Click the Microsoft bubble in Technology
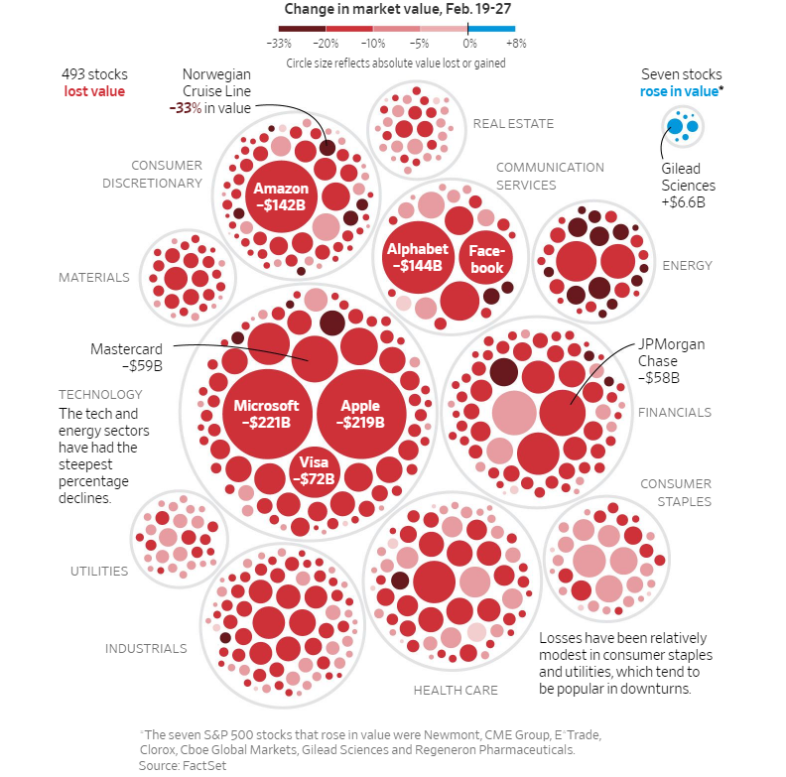tap(266, 413)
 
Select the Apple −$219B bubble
tap(360, 413)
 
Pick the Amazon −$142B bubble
tap(281, 196)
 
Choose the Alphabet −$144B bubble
tap(417, 257)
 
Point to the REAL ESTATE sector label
tap(513, 124)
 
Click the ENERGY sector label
tap(687, 265)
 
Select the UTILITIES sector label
tap(99, 571)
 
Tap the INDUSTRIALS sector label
tap(146, 649)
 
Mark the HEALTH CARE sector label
tap(456, 690)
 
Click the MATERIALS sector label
tap(93, 278)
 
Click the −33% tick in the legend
tap(279, 44)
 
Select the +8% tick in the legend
tap(516, 44)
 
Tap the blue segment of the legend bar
tap(492, 29)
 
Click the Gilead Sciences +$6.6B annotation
tap(688, 186)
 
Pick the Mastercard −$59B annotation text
tap(126, 357)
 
